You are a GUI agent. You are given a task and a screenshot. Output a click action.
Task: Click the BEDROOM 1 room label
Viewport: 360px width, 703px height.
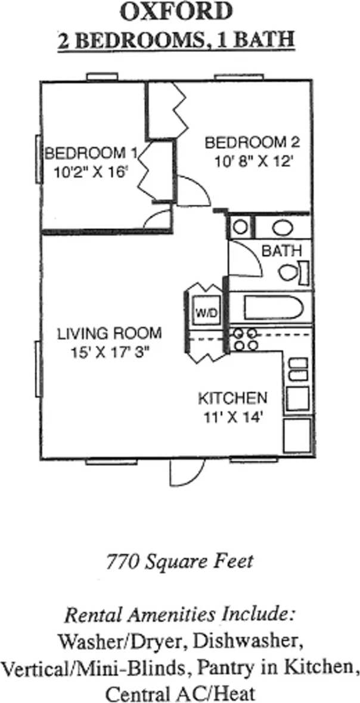click(91, 153)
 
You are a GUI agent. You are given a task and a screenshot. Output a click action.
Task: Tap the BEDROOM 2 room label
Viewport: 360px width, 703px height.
click(252, 143)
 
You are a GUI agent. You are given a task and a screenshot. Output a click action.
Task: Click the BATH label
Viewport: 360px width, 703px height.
click(281, 251)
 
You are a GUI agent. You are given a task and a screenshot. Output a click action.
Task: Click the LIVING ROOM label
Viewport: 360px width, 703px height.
click(109, 334)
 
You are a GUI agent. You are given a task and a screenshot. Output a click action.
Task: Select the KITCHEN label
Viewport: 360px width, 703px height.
click(232, 398)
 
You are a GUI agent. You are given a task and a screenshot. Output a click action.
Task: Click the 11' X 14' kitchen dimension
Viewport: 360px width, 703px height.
click(232, 416)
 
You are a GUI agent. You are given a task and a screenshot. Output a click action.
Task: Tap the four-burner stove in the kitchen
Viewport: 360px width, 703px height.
click(244, 339)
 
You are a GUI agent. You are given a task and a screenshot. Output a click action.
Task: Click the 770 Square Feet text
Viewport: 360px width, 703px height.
click(179, 561)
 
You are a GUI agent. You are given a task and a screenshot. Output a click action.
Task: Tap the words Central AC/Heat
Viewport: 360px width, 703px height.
click(179, 693)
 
